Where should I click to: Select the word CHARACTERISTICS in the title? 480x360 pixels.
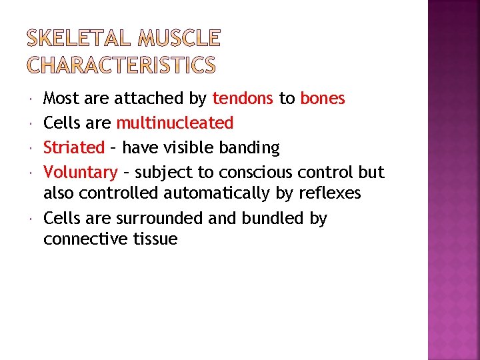[121, 65]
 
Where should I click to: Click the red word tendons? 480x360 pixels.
[243, 99]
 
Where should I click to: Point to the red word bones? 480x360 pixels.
[323, 99]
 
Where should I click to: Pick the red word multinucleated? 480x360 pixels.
[175, 123]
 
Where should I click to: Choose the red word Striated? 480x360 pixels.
[74, 147]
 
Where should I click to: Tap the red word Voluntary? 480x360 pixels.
[80, 172]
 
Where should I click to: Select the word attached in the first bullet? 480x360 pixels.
[150, 99]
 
